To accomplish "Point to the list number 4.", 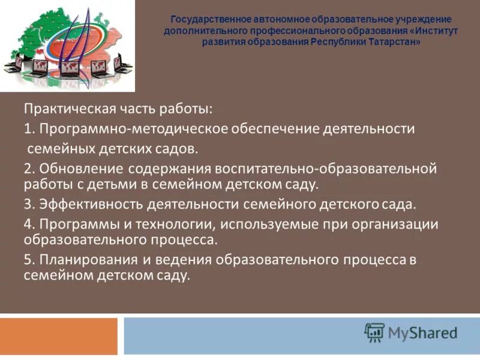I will [28, 224].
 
